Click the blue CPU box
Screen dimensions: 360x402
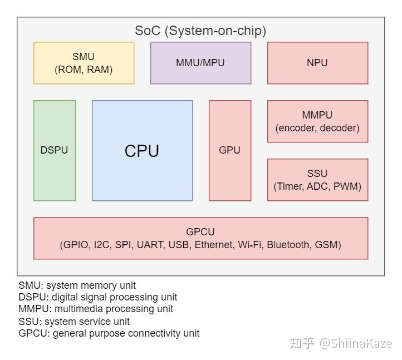click(x=142, y=151)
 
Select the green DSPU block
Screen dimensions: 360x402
click(x=54, y=150)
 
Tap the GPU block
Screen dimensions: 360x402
click(x=229, y=150)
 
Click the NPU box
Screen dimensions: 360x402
click(x=317, y=63)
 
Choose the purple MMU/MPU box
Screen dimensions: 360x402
click(x=200, y=63)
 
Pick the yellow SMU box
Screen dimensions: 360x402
click(x=84, y=63)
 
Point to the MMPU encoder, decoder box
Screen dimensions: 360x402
click(x=317, y=121)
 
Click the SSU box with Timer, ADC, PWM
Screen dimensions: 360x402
click(x=317, y=180)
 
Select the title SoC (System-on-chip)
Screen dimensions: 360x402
click(x=200, y=31)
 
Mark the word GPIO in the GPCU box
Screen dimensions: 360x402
click(x=77, y=245)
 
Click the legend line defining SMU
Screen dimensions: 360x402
click(x=77, y=285)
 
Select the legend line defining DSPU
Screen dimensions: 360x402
click(x=97, y=297)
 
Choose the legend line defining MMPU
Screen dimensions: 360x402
click(x=95, y=309)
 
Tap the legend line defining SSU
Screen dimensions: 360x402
click(x=74, y=322)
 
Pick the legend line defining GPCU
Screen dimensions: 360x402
click(x=109, y=333)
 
